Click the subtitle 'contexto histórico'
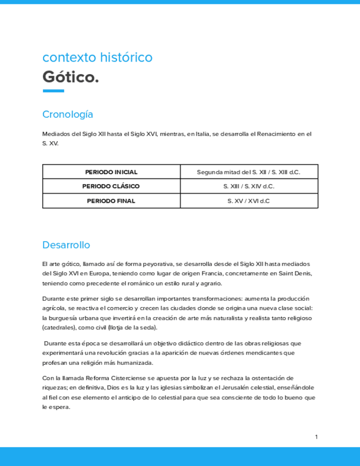point(97,57)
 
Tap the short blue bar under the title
point(53,91)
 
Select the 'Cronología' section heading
point(68,115)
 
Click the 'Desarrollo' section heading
point(66,245)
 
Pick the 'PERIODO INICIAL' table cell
point(111,172)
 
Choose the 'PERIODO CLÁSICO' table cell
point(111,186)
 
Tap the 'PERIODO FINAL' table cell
point(111,201)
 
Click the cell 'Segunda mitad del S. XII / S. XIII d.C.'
point(248,172)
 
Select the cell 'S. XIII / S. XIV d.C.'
point(248,186)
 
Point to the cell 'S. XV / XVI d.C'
point(248,201)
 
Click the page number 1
point(317,437)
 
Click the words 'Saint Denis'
point(295,274)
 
